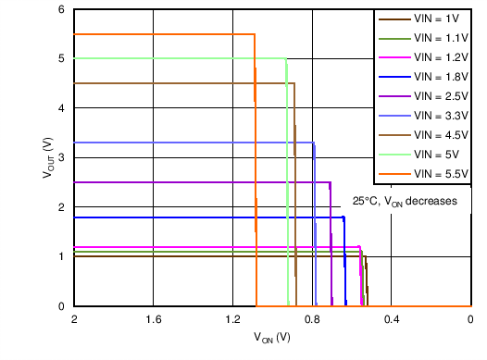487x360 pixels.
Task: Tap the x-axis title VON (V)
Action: tap(271, 339)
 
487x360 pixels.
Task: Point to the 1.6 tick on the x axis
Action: tap(154, 319)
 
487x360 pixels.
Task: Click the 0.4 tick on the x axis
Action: tap(392, 319)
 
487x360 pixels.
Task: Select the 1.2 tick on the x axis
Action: tap(233, 319)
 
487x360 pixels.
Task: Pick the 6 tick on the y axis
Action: tap(62, 9)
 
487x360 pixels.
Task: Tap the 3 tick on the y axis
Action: tap(62, 157)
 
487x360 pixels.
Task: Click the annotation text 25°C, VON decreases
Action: tap(406, 201)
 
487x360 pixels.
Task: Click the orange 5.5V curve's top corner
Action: tap(255, 34)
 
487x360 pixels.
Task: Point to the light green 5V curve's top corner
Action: tap(286, 58)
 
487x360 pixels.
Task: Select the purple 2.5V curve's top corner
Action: tap(331, 182)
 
